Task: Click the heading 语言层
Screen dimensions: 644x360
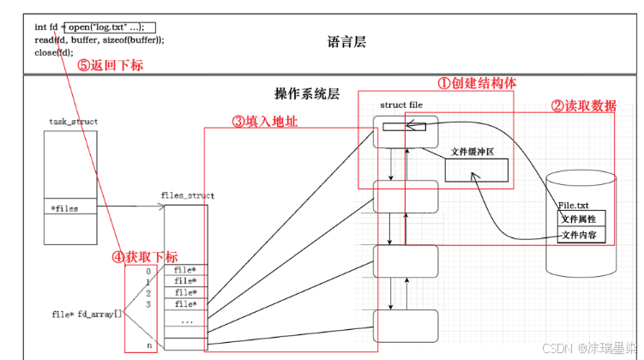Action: pyautogui.click(x=346, y=42)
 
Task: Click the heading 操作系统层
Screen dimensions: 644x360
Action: pyautogui.click(x=307, y=94)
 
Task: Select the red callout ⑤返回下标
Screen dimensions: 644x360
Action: pyautogui.click(x=111, y=65)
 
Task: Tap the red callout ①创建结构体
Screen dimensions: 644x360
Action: pyautogui.click(x=477, y=83)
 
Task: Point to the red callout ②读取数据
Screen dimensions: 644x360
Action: pyautogui.click(x=584, y=106)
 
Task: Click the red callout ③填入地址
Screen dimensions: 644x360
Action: pyautogui.click(x=265, y=122)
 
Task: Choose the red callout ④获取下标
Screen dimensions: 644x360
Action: pyautogui.click(x=145, y=257)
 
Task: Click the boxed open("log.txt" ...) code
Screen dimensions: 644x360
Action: pyautogui.click(x=110, y=27)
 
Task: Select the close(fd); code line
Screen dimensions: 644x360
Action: pyautogui.click(x=54, y=52)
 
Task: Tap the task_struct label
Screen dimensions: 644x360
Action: pyautogui.click(x=74, y=122)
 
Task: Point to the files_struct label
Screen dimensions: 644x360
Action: pyautogui.click(x=188, y=195)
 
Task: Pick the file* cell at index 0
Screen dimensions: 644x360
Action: pyautogui.click(x=186, y=270)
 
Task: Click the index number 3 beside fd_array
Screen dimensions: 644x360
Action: pyautogui.click(x=148, y=304)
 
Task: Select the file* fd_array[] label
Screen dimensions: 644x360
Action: pyautogui.click(x=87, y=315)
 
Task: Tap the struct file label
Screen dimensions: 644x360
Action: pyautogui.click(x=401, y=105)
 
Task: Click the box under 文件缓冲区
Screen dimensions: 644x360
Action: pyautogui.click(x=477, y=171)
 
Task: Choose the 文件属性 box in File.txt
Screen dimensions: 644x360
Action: pyautogui.click(x=581, y=219)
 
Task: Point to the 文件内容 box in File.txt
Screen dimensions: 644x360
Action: pyautogui.click(x=581, y=235)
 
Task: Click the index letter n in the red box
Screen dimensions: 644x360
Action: pyautogui.click(x=149, y=345)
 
